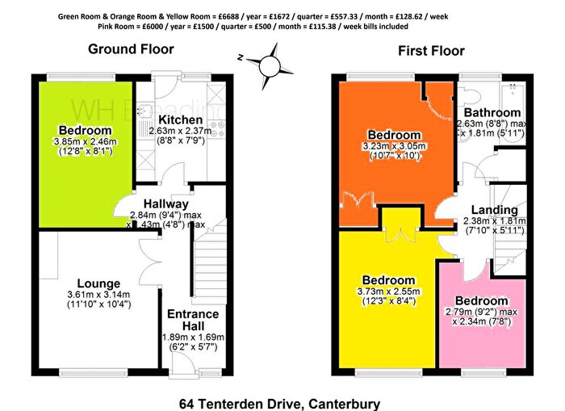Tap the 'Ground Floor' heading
[x=130, y=49]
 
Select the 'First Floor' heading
[x=431, y=51]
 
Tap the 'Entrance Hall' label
[x=191, y=320]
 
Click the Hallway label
[x=166, y=203]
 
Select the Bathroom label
[x=492, y=112]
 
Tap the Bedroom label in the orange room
[x=394, y=134]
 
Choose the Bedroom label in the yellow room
[x=388, y=279]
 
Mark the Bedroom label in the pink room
[x=480, y=300]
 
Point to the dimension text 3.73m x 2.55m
[x=388, y=291]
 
